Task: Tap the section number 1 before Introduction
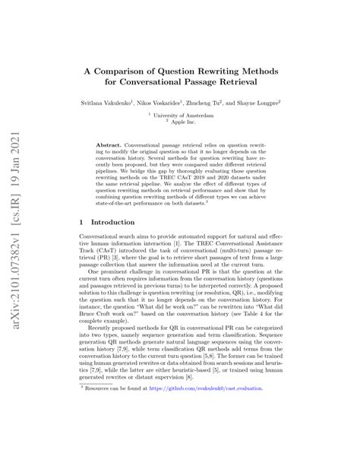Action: click(x=82, y=223)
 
